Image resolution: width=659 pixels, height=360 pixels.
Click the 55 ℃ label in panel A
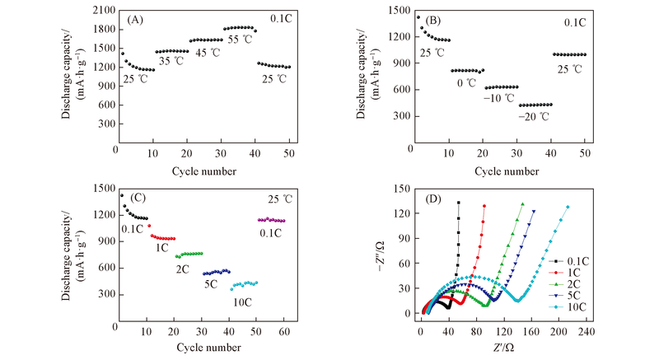238,40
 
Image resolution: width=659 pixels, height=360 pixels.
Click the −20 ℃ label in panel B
534,116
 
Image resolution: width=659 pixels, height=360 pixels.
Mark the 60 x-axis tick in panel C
283,332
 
